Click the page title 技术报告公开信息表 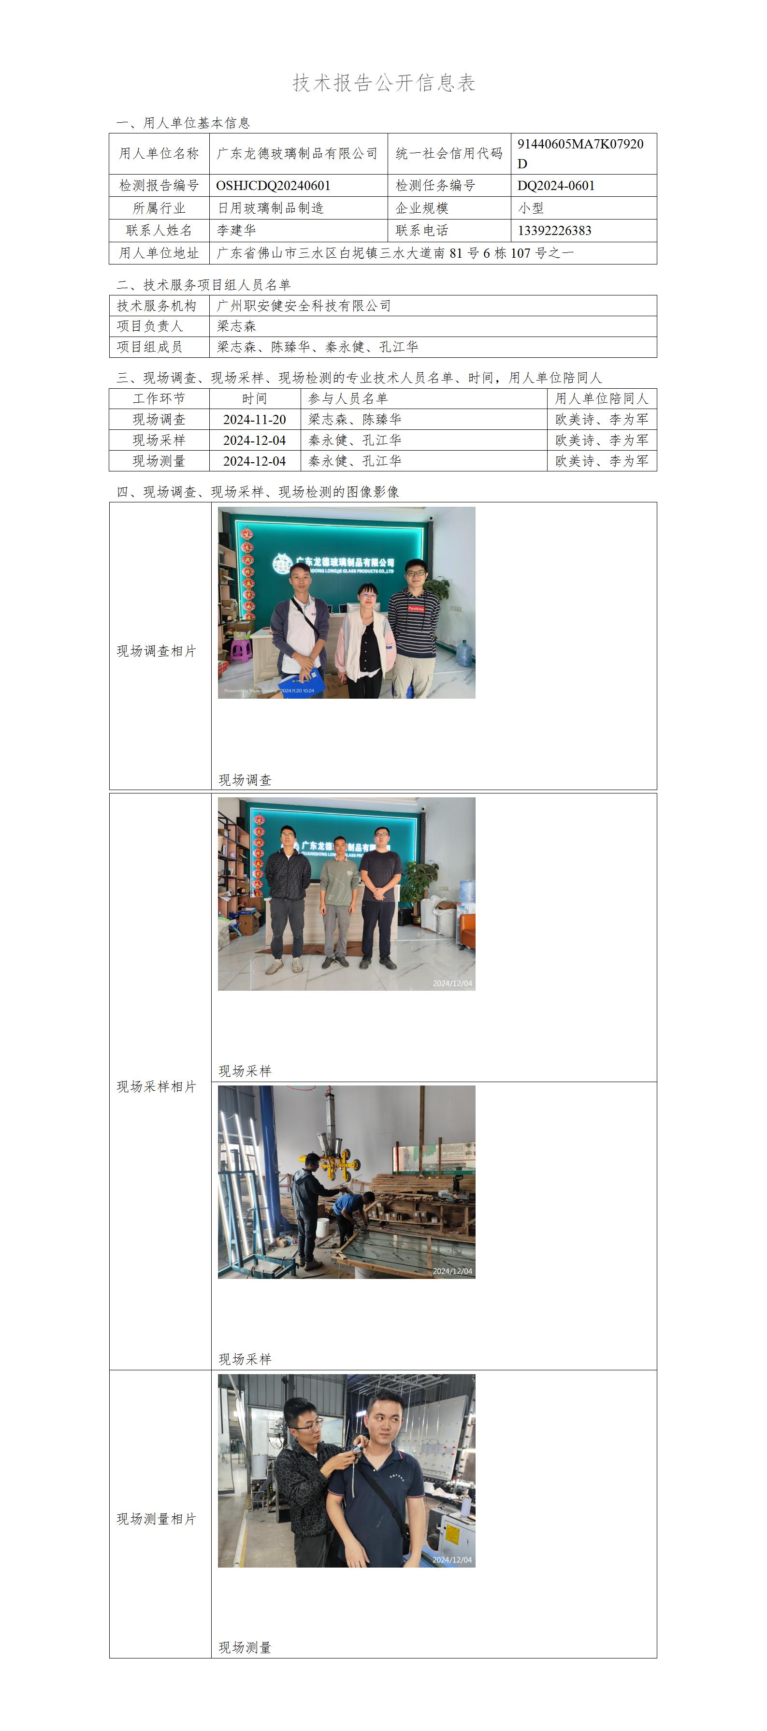point(384,83)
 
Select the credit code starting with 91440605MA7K point(580,153)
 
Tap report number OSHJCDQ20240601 point(274,186)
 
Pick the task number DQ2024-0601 point(556,186)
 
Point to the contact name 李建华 point(236,231)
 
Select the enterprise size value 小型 point(531,208)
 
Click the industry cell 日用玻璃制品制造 point(270,208)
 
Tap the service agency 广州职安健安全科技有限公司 point(304,306)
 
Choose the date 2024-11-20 point(255,419)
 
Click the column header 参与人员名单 point(348,398)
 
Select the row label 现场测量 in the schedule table point(159,461)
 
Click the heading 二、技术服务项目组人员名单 point(203,284)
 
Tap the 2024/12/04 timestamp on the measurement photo point(452,1560)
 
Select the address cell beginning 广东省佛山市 point(395,253)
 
